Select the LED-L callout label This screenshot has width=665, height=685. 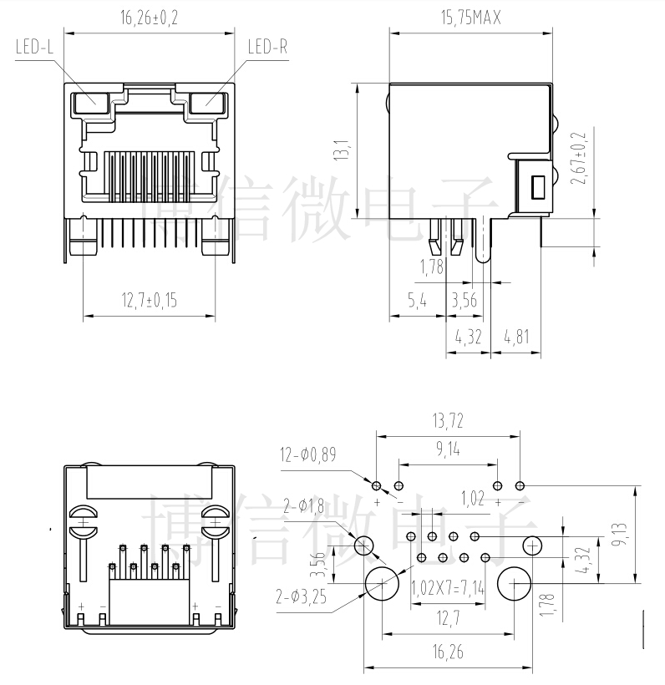coord(34,48)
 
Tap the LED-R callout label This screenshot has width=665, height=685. coord(267,48)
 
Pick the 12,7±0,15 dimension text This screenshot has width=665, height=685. coord(150,301)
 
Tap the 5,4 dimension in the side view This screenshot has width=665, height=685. coord(416,301)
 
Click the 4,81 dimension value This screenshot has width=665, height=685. coord(515,337)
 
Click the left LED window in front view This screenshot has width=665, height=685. coord(90,103)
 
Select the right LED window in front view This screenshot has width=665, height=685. coord(208,103)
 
